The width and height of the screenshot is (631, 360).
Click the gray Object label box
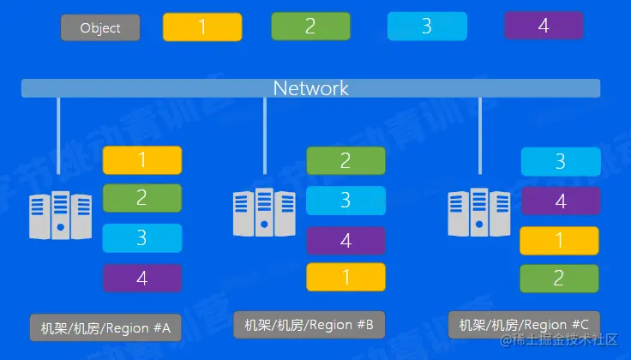[x=100, y=27]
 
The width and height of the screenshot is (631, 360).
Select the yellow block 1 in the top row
[x=202, y=27]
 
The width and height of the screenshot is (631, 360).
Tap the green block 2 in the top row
[x=310, y=27]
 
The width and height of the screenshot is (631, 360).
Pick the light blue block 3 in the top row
[x=426, y=26]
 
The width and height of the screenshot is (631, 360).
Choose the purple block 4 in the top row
[x=543, y=26]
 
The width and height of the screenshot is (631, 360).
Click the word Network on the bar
[x=310, y=87]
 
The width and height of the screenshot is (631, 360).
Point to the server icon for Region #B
[x=264, y=212]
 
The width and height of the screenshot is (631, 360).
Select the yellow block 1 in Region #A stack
[x=142, y=160]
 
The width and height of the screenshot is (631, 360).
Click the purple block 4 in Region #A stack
[x=142, y=278]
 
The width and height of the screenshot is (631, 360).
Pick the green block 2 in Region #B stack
[x=346, y=160]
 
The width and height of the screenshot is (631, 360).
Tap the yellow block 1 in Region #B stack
[x=346, y=278]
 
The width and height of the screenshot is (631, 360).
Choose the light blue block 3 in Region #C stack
[x=560, y=161]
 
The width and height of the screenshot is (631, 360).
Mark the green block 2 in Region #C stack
[x=560, y=279]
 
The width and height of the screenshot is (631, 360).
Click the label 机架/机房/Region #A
[x=106, y=327]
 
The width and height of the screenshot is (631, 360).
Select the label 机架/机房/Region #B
[x=309, y=325]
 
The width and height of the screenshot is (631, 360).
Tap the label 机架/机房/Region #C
[x=524, y=325]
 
